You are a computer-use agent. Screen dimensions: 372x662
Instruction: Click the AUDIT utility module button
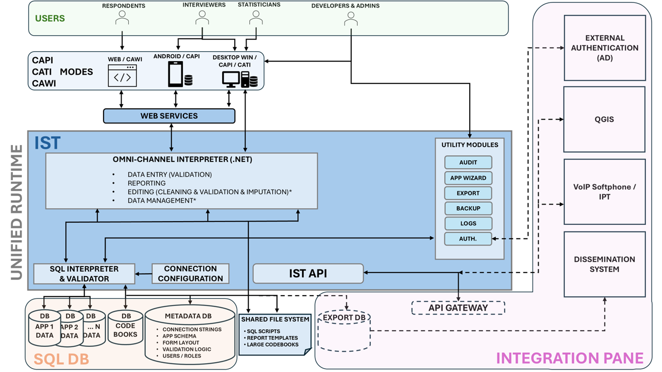pos(468,163)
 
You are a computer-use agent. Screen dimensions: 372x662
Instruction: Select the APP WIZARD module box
pos(468,178)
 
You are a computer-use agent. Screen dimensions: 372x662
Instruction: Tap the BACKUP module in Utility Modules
pos(468,208)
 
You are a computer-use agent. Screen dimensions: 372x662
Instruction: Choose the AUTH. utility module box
pos(468,239)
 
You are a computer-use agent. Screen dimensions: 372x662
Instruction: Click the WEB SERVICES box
pos(169,116)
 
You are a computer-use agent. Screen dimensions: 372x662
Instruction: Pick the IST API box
pos(308,273)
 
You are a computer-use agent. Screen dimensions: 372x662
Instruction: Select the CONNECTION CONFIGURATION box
pos(190,274)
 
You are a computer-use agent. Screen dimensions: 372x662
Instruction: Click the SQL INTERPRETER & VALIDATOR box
pos(84,274)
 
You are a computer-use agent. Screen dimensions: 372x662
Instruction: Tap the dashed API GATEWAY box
pos(458,307)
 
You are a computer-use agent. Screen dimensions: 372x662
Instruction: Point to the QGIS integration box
pos(604,120)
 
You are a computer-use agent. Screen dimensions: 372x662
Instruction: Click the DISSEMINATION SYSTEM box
pos(604,264)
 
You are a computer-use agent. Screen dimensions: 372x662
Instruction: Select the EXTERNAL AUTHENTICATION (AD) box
pos(604,47)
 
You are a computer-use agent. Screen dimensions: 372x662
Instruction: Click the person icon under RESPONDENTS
pos(123,18)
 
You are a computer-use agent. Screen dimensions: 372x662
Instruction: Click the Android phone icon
pos(175,74)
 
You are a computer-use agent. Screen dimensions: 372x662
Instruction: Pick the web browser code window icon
pos(122,76)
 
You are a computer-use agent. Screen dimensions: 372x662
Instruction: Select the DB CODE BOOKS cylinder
pos(125,328)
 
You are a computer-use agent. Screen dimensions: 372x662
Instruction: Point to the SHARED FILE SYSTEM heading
pos(275,319)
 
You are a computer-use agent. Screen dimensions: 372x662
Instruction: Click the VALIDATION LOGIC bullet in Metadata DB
pos(187,349)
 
